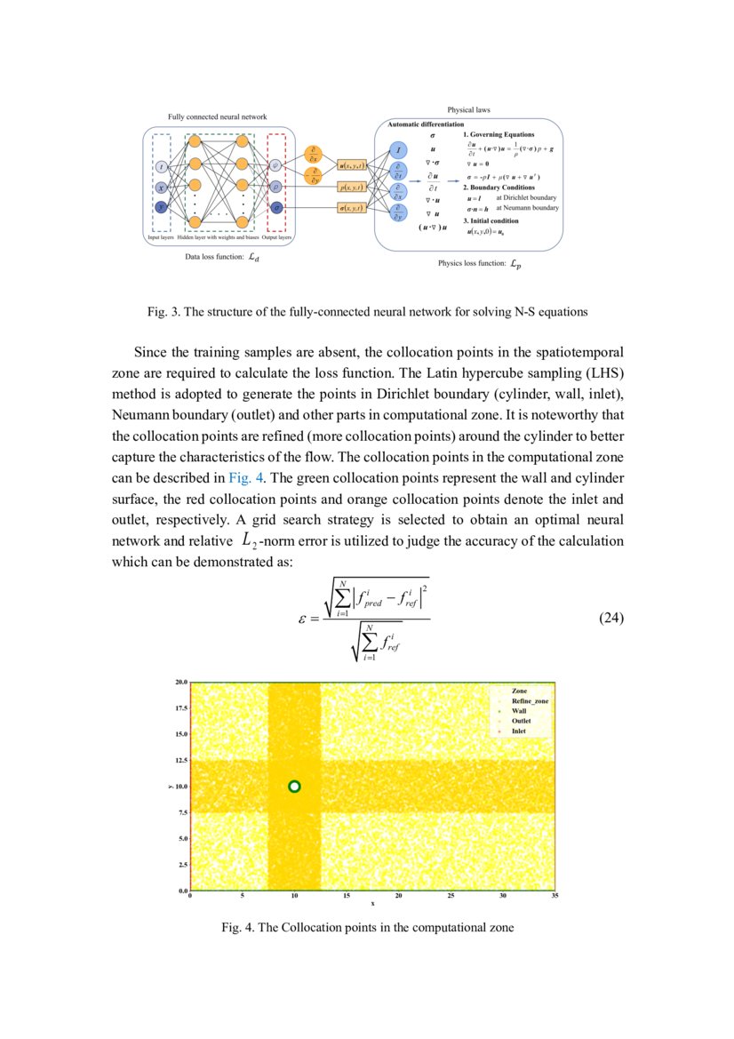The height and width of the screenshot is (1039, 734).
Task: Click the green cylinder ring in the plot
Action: tap(295, 786)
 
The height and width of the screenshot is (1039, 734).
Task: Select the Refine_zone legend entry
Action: tap(530, 701)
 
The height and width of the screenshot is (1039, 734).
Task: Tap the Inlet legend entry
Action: tap(519, 731)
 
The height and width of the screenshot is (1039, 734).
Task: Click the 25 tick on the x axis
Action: tap(451, 896)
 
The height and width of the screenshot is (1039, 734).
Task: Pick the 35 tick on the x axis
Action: tap(554, 896)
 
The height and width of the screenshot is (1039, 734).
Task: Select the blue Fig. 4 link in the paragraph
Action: tap(245, 476)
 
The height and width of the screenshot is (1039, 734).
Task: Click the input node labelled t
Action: tap(161, 167)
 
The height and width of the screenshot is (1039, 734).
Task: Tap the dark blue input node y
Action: tap(161, 207)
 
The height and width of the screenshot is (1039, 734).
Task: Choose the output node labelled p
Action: tap(276, 187)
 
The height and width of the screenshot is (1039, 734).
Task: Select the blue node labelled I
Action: tap(399, 152)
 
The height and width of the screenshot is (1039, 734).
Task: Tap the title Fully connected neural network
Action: tap(217, 117)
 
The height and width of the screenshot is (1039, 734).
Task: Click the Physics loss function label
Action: tap(471, 264)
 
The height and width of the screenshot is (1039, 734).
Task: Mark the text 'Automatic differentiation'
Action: tap(426, 125)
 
